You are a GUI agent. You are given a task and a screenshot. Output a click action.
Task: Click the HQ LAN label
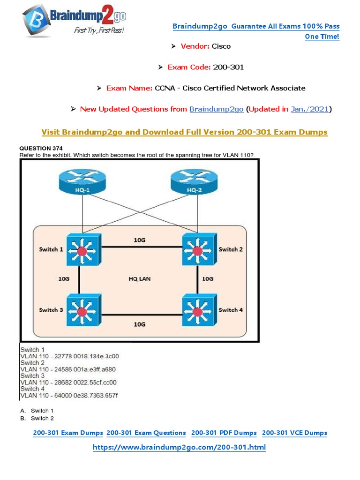(140, 278)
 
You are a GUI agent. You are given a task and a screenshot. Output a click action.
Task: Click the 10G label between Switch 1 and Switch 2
(139, 240)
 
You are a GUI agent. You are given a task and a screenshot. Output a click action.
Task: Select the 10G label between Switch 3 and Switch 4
(139, 324)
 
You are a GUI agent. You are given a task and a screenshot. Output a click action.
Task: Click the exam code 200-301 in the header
(228, 67)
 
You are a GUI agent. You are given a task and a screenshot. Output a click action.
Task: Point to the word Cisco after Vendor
(221, 46)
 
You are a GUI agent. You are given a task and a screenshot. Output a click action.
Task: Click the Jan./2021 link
(310, 109)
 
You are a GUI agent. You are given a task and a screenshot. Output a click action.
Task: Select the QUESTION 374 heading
(41, 148)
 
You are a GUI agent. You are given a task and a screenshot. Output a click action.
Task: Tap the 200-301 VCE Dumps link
(294, 433)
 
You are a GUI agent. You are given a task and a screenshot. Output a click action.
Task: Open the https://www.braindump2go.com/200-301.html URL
(180, 447)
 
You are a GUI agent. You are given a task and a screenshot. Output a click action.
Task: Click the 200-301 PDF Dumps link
(224, 433)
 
